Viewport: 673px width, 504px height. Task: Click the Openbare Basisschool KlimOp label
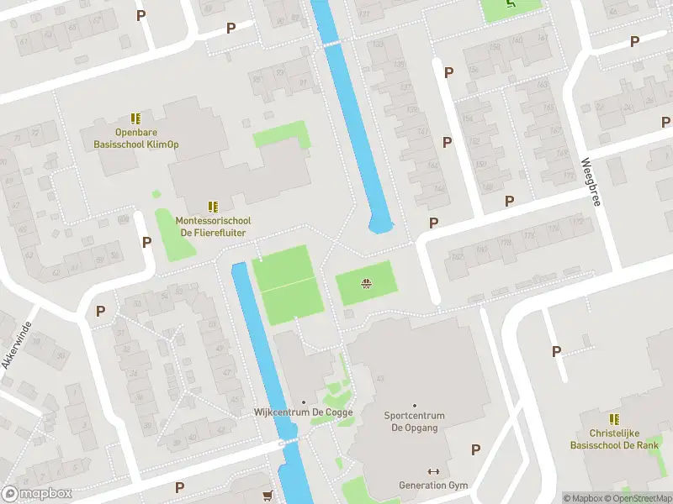(135, 139)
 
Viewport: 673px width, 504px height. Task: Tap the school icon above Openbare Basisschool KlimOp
(135, 119)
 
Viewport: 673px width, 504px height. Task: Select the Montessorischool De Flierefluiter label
(214, 226)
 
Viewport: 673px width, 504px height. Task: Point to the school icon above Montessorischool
(214, 206)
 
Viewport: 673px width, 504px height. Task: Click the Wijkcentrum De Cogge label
(304, 412)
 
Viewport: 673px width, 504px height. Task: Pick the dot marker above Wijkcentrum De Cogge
(304, 402)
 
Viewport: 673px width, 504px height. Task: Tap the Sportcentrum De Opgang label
(413, 422)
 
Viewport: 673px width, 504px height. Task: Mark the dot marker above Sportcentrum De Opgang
(413, 405)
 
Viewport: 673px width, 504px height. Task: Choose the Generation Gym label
(433, 486)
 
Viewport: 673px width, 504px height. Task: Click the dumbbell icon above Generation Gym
(433, 471)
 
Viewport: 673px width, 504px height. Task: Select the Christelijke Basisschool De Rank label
(613, 439)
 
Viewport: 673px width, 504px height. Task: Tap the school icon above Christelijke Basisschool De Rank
(614, 418)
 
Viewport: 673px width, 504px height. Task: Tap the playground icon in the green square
(366, 282)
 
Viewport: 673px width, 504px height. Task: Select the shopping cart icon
(268, 495)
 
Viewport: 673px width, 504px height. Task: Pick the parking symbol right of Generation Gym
(476, 449)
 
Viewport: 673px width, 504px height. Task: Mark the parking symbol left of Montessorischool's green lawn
(146, 242)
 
